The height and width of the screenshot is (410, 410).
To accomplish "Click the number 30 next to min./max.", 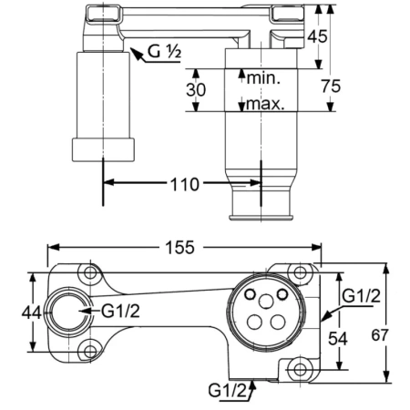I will click(197, 90).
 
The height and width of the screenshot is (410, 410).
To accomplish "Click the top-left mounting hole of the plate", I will click(89, 273).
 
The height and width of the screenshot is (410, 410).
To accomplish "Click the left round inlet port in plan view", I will click(68, 311).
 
